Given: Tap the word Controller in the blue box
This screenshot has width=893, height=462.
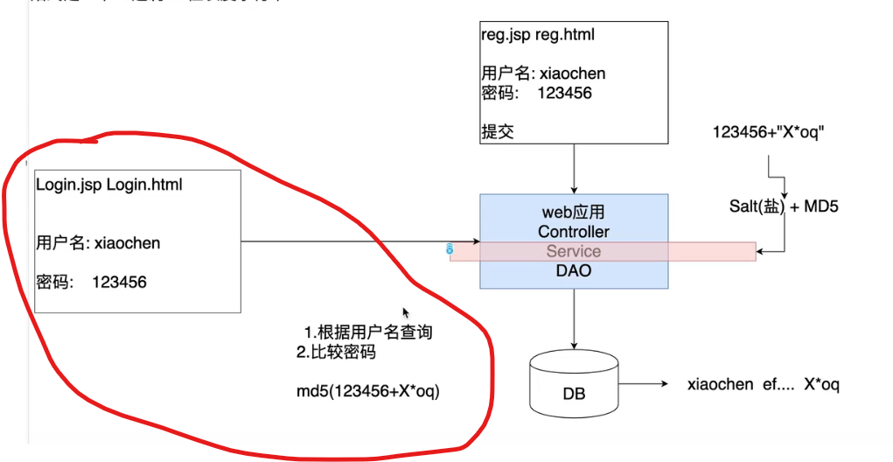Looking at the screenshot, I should point(574,232).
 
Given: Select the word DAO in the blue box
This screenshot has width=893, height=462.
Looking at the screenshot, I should point(574,271).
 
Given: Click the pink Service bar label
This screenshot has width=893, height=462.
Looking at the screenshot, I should point(574,251).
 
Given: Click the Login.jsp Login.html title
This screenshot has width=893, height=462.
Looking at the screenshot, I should point(109,185).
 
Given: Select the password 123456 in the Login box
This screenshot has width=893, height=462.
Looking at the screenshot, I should point(119,282).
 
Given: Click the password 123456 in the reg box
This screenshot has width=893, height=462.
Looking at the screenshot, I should point(564,93).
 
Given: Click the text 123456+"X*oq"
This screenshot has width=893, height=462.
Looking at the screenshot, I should point(770,133).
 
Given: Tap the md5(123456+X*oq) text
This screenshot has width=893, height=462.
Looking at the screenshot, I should point(368,391).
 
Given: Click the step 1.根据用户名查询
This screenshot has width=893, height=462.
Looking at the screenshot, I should point(368,332).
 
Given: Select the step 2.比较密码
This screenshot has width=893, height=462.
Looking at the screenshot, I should point(337,353).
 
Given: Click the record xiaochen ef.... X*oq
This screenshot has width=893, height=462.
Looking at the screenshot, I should point(763,385).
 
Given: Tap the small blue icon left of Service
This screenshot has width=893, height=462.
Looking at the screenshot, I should point(450,249).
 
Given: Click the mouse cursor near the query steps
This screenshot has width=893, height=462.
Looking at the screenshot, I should point(405,311).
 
